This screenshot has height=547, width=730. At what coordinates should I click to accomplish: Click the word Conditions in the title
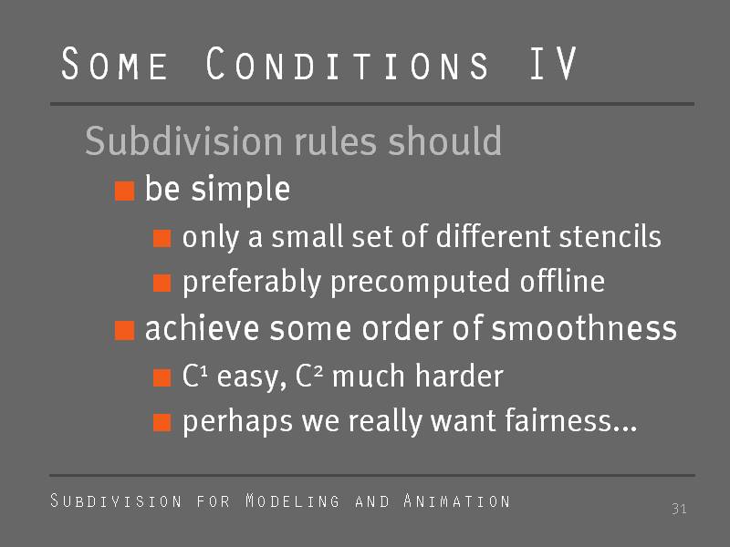347,63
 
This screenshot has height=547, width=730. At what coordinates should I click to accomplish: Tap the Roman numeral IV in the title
553,63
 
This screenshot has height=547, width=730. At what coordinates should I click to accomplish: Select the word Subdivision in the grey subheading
184,141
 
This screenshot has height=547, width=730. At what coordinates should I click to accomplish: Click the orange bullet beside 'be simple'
125,191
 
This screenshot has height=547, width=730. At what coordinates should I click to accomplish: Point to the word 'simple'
241,190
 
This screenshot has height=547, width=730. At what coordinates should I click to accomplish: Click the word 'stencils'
610,236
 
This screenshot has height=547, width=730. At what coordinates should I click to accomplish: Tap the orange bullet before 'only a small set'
162,239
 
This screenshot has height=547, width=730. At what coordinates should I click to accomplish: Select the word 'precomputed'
420,283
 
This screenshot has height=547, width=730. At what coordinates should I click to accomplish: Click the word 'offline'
562,281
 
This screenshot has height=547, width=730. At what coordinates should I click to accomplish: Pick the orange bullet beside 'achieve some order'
125,331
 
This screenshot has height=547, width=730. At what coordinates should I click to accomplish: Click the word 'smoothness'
584,328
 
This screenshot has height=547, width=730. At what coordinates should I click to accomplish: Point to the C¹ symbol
194,376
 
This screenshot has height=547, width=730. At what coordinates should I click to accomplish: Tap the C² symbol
309,376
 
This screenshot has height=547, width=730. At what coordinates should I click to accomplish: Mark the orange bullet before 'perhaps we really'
162,423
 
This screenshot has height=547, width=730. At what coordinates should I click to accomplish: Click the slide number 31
679,509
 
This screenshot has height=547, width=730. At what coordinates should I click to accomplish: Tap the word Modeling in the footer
292,501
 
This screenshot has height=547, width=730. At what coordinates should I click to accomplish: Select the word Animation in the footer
457,501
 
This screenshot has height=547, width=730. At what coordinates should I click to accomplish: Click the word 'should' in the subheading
445,141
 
